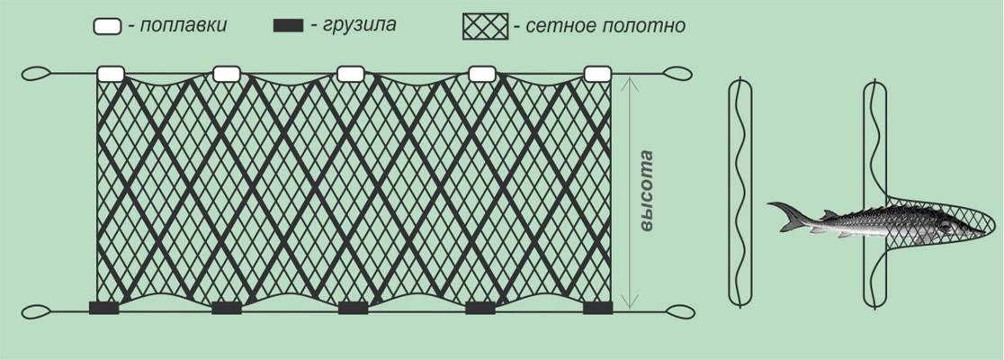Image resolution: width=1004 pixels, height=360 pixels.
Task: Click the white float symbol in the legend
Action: [107, 26]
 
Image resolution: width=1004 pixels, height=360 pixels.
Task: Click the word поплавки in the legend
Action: [177, 26]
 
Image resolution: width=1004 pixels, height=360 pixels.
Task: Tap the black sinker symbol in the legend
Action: [287, 26]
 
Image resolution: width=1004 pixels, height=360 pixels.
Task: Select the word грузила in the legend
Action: [353, 26]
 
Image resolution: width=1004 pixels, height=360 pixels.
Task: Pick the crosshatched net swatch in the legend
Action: [485, 26]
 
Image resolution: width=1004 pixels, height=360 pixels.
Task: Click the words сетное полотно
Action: [600, 26]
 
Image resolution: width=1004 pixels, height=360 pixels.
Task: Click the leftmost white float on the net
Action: [111, 74]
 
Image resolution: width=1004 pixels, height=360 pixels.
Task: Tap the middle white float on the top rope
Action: [350, 74]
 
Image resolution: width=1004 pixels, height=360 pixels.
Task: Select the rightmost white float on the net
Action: [597, 74]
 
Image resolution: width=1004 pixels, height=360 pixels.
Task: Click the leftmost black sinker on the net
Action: [103, 308]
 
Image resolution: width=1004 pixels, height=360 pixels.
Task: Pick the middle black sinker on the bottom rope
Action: [353, 308]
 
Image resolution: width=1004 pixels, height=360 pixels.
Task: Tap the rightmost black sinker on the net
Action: [597, 308]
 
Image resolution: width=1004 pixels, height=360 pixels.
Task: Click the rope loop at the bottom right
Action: [677, 312]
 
